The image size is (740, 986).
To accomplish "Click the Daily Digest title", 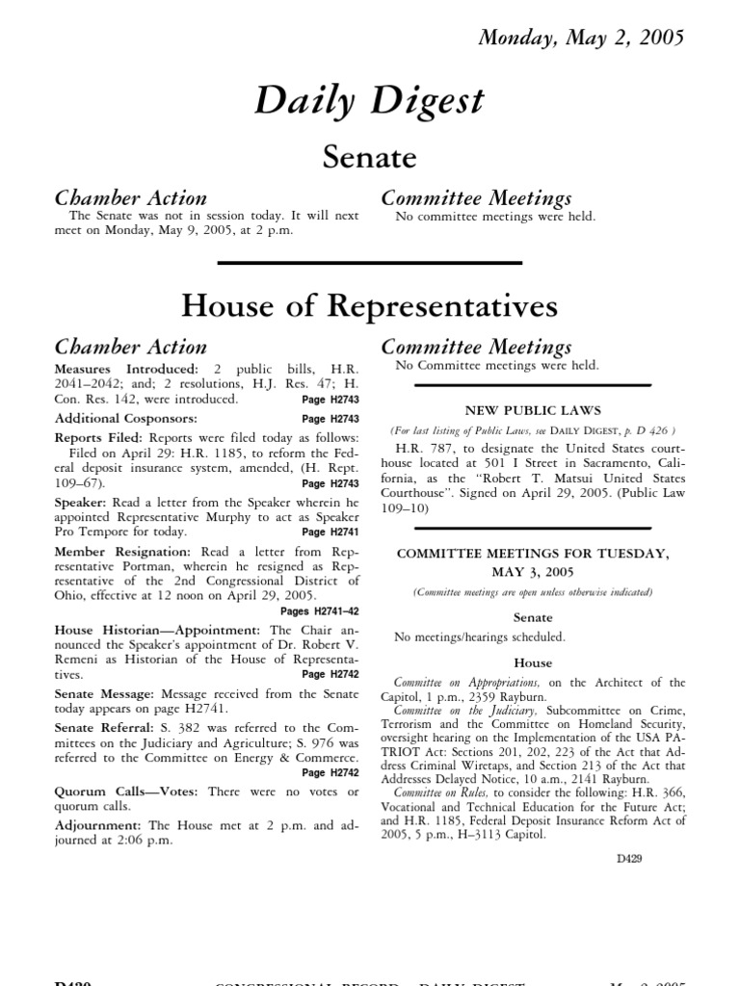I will (369, 101).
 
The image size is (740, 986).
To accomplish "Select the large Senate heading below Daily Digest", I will (369, 156).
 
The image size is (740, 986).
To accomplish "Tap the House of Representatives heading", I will (369, 305).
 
